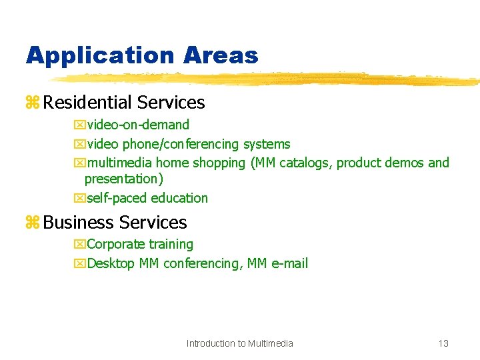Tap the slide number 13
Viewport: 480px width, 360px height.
pyautogui.click(x=443, y=343)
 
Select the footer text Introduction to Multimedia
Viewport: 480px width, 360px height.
pyautogui.click(x=240, y=343)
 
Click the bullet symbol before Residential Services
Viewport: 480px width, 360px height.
pyautogui.click(x=32, y=103)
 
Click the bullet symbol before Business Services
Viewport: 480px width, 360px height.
pyautogui.click(x=32, y=223)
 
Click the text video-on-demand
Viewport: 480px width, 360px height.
pyautogui.click(x=138, y=125)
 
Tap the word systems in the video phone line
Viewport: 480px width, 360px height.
pyautogui.click(x=267, y=144)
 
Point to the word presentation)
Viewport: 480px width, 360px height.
pyautogui.click(x=124, y=179)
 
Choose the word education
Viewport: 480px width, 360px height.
pyautogui.click(x=179, y=198)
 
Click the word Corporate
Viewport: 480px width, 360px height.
pyautogui.click(x=116, y=245)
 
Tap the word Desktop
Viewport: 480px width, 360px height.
pyautogui.click(x=111, y=263)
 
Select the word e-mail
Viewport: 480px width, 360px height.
pyautogui.click(x=289, y=263)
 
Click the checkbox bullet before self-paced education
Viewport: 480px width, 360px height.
pyautogui.click(x=79, y=198)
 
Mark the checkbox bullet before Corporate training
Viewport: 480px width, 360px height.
pyautogui.click(x=79, y=245)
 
